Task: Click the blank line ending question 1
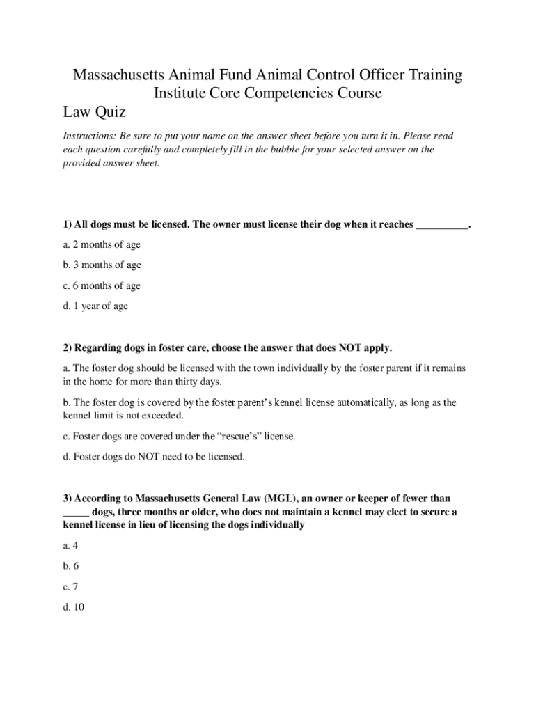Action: click(x=442, y=226)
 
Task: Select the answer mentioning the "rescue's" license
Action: click(x=179, y=437)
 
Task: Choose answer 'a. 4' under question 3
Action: click(x=70, y=547)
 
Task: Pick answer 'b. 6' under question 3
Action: click(x=71, y=567)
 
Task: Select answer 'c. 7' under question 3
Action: click(x=70, y=587)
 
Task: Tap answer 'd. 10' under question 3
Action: click(x=73, y=608)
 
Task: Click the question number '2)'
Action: click(x=67, y=347)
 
